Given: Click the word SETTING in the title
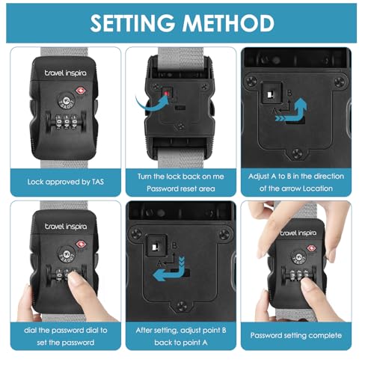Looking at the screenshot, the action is [132, 23].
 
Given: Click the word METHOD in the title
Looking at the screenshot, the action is [228, 23].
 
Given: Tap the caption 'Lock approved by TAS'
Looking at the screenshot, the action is [66, 182].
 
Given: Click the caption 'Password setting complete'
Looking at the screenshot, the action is [296, 335].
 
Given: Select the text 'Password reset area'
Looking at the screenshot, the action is [181, 188].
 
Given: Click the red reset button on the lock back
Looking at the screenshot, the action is [167, 93].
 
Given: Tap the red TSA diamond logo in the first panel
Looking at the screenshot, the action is [80, 91].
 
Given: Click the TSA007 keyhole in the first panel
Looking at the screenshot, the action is [67, 101].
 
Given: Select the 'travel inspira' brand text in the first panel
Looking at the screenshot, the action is [66, 73].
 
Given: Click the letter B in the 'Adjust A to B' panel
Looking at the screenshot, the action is [289, 93].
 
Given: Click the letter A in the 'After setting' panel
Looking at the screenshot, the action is [160, 263].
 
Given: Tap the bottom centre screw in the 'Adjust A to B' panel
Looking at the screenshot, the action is [297, 153].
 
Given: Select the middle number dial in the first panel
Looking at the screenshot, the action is [67, 122].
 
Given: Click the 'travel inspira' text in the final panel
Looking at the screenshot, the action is [298, 233].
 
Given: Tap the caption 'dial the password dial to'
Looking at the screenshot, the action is [66, 331].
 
